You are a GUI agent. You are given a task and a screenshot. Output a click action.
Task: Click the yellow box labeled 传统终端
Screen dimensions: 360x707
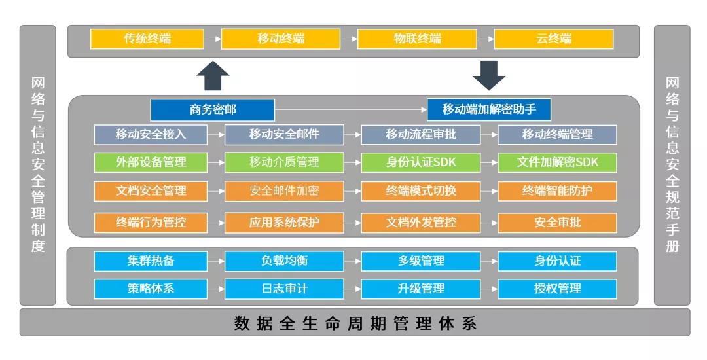[147, 39]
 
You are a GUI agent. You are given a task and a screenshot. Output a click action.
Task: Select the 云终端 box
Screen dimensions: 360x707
[554, 39]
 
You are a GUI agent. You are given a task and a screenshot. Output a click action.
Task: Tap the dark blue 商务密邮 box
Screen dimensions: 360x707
[212, 109]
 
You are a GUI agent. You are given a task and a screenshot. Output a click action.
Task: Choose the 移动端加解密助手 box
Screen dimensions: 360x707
[489, 109]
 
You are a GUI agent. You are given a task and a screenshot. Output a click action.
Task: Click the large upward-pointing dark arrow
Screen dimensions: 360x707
[213, 76]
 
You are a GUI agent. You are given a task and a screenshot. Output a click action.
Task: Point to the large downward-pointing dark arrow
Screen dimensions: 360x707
[489, 75]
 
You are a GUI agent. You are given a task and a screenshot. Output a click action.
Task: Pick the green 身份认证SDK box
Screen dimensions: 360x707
[421, 162]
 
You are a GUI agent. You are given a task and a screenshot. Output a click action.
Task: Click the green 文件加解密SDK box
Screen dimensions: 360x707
[557, 162]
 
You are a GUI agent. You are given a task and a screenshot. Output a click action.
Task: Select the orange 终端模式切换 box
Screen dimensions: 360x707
[421, 190]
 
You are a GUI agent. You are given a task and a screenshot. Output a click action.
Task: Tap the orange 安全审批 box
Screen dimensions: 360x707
[557, 223]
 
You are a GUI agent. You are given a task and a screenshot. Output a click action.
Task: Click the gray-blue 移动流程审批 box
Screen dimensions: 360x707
[421, 135]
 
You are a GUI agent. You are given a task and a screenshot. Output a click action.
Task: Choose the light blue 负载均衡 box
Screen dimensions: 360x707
[284, 261]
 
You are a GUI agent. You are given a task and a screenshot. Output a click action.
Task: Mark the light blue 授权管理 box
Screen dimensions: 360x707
[557, 288]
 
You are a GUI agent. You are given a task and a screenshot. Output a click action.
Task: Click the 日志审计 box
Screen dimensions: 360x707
[284, 288]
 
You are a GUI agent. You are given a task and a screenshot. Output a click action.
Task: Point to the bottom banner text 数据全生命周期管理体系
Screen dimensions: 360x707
[355, 323]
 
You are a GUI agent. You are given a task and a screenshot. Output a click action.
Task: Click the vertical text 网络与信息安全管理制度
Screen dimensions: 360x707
[38, 165]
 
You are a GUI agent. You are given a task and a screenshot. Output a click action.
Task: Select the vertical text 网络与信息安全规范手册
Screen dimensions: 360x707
[672, 165]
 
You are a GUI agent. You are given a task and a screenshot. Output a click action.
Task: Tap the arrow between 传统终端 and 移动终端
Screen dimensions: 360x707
[213, 39]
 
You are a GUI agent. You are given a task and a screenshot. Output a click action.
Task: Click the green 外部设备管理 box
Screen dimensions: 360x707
[151, 162]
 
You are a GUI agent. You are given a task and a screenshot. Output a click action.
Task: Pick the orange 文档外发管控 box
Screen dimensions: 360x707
[421, 223]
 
